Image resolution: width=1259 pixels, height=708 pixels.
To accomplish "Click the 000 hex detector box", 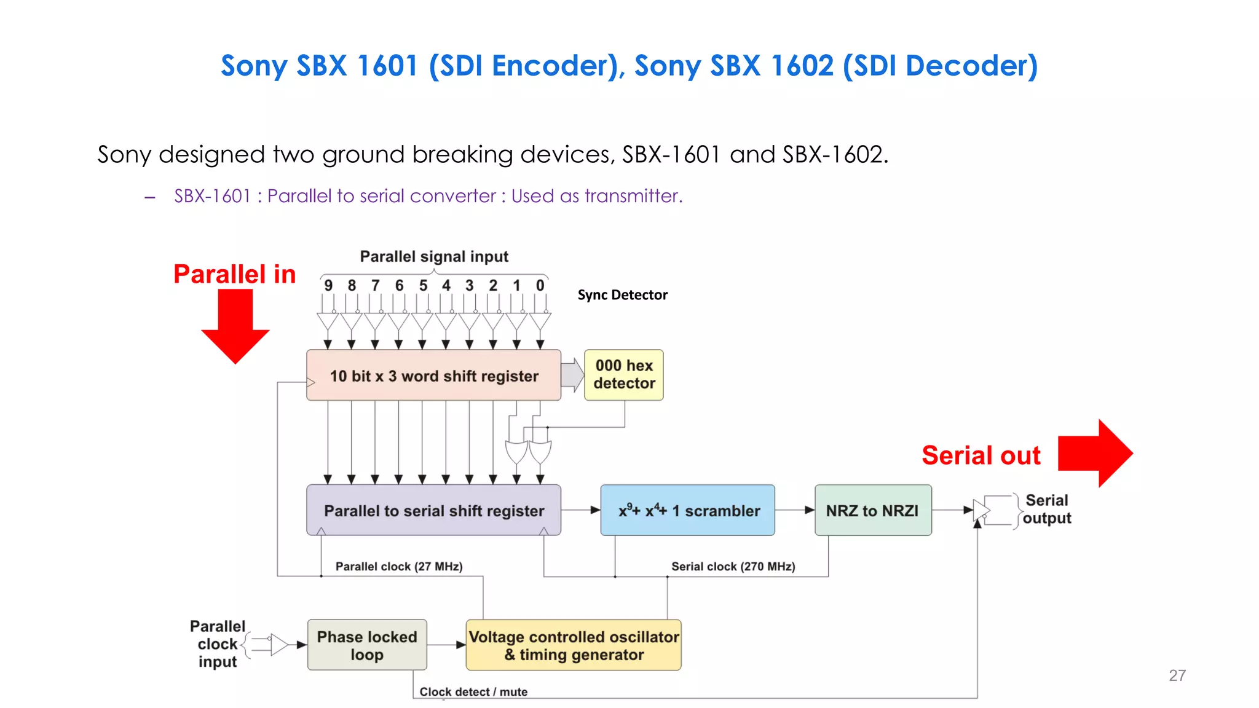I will tap(623, 375).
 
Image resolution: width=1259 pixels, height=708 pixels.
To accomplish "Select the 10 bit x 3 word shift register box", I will tap(433, 376).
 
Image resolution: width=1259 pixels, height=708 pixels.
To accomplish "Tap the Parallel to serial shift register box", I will tap(433, 510).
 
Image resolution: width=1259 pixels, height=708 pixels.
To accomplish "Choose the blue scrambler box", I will tap(687, 510).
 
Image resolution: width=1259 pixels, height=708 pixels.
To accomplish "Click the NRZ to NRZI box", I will tap(872, 510).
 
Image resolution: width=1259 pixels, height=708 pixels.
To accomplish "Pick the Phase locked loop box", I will tap(367, 645).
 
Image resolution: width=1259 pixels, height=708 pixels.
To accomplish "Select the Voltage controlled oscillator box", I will tap(574, 645).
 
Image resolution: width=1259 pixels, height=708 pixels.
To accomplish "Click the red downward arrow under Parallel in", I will tap(235, 326).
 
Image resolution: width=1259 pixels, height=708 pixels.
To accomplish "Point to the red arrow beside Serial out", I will tap(1094, 454).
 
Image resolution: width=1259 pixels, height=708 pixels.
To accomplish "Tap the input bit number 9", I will tap(328, 286).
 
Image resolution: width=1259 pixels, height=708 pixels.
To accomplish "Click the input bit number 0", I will tap(540, 286).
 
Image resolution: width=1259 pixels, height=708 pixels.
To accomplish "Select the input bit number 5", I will tap(423, 286).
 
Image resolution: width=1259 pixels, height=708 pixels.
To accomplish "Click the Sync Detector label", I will tap(622, 295).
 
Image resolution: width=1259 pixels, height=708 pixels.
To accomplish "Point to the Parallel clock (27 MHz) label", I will tap(399, 566).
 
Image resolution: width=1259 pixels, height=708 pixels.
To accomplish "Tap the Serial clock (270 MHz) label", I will tap(733, 566).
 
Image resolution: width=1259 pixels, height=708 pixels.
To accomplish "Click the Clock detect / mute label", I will tap(473, 691).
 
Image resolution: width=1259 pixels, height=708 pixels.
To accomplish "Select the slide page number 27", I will tap(1177, 675).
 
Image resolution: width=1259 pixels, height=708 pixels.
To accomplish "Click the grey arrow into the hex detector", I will tap(572, 375).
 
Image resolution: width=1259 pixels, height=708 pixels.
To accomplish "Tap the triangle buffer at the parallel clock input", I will tap(279, 645).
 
